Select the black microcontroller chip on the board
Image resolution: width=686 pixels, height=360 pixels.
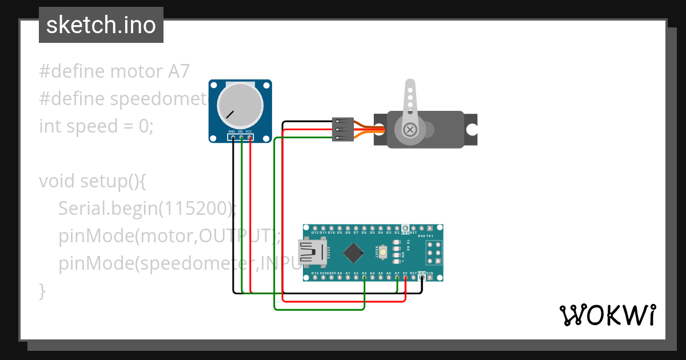(x=356, y=252)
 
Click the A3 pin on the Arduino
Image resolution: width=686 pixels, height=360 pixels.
(x=364, y=278)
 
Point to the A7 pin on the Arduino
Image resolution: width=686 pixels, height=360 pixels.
(x=397, y=278)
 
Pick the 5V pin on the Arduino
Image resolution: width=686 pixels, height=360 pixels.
(x=405, y=278)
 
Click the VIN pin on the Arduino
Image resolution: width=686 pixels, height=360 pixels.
(x=430, y=278)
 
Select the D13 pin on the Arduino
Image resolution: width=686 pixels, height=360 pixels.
(x=315, y=278)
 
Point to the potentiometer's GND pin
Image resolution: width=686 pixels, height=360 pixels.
(x=233, y=138)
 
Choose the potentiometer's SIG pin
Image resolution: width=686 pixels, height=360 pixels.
(x=241, y=138)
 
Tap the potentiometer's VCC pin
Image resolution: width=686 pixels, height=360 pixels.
(x=249, y=138)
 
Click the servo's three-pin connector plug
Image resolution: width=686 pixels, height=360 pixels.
(x=342, y=129)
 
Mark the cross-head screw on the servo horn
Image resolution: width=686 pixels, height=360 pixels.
(x=410, y=130)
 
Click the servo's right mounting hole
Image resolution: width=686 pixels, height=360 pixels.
(x=471, y=130)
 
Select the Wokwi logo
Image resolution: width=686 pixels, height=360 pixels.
(x=607, y=315)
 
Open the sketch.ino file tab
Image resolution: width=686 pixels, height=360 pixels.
(x=101, y=25)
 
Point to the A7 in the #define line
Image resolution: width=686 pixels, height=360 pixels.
(x=178, y=71)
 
